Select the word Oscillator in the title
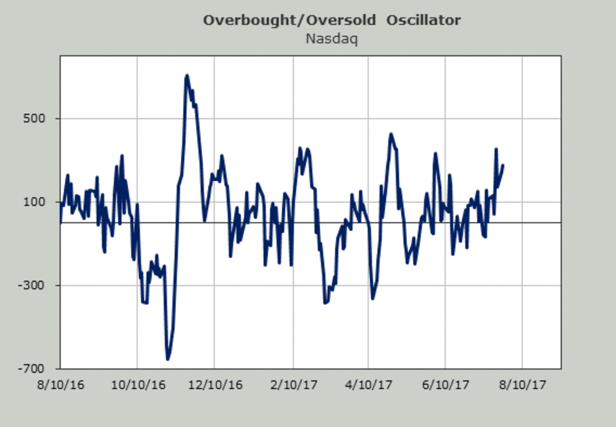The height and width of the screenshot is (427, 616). click(423, 21)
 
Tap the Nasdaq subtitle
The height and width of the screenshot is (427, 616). click(332, 38)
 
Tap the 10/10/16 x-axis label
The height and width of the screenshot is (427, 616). click(137, 384)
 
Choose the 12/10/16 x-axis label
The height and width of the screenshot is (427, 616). click(214, 384)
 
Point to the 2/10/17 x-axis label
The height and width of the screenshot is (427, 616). click(293, 384)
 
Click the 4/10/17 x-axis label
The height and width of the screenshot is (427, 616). click(369, 384)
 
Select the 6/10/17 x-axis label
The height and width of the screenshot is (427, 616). click(445, 384)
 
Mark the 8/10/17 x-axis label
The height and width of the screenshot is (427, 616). click(522, 384)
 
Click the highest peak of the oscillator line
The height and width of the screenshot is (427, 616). click(187, 76)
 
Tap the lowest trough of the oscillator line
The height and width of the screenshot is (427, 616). click(167, 359)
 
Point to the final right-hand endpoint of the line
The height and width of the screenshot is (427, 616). click(503, 165)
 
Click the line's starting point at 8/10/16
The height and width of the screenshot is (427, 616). click(61, 222)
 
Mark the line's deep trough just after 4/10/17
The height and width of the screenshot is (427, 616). click(373, 299)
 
